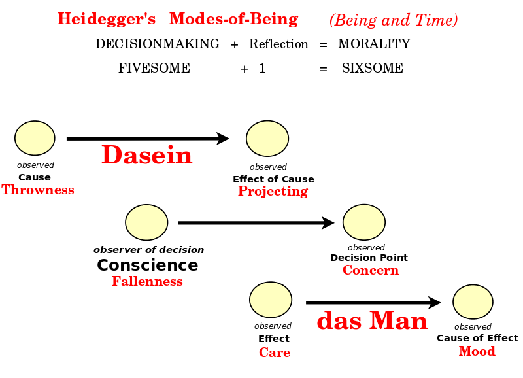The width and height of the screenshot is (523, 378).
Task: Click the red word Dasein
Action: pyautogui.click(x=146, y=155)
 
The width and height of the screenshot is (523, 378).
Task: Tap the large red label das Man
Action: pyautogui.click(x=372, y=320)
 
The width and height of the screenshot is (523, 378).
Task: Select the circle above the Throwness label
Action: pyautogui.click(x=35, y=138)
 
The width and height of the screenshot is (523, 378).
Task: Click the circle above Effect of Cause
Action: pyautogui.click(x=267, y=139)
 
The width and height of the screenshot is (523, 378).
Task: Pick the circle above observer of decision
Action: pyautogui.click(x=146, y=222)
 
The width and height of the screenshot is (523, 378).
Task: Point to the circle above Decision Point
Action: pyautogui.click(x=364, y=222)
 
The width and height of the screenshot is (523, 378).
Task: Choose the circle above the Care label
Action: pyautogui.click(x=271, y=300)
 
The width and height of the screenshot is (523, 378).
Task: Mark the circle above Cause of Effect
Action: pyautogui.click(x=473, y=301)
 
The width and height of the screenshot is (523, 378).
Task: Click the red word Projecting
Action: pyautogui.click(x=273, y=192)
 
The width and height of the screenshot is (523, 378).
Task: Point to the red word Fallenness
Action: pyautogui.click(x=147, y=281)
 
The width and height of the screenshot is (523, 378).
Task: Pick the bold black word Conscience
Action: pyautogui.click(x=148, y=266)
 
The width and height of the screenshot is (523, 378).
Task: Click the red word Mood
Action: pyautogui.click(x=477, y=351)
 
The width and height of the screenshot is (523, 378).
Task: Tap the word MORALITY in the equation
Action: pyautogui.click(x=374, y=44)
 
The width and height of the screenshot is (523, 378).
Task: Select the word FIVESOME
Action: pyautogui.click(x=154, y=68)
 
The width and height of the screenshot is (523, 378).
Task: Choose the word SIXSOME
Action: pyautogui.click(x=372, y=68)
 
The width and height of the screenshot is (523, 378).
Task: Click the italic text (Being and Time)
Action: pyautogui.click(x=394, y=20)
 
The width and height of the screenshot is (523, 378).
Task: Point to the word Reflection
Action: pyautogui.click(x=278, y=44)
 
